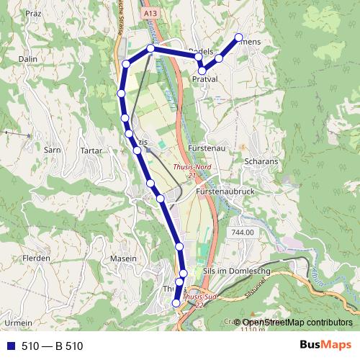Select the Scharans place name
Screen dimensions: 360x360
click(261, 162)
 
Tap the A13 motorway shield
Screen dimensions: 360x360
click(150, 13)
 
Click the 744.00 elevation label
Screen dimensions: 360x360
click(243, 232)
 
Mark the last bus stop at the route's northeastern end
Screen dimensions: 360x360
click(238, 37)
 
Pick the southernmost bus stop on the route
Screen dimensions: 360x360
click(176, 304)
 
